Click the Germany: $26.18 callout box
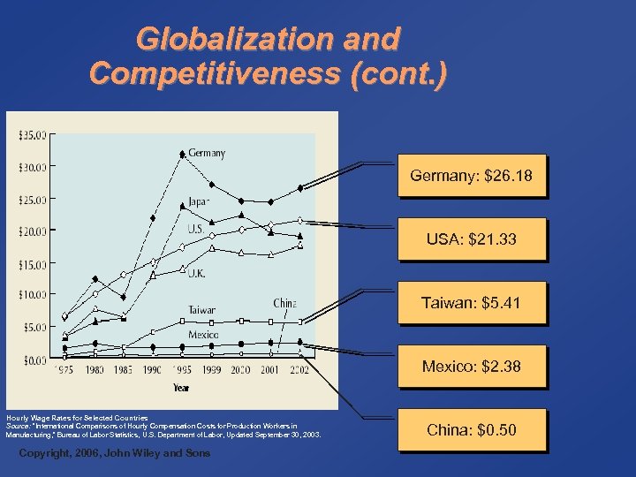[x=471, y=176]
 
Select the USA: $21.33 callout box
[x=471, y=239]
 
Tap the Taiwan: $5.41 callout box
[x=471, y=303]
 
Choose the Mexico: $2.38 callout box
[x=471, y=367]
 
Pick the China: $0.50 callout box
[x=471, y=430]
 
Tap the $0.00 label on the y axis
[x=34, y=360]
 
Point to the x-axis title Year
[x=180, y=386]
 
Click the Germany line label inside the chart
[x=206, y=153]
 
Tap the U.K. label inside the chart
[x=195, y=274]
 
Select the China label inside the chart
[x=284, y=303]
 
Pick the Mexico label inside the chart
[x=202, y=334]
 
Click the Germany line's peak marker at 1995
[x=182, y=154]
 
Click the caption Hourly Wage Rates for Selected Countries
[x=78, y=417]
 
